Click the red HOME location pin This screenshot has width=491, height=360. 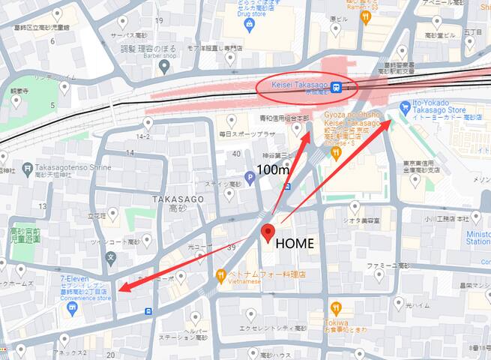tap(268, 233)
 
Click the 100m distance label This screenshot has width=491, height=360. tap(274, 170)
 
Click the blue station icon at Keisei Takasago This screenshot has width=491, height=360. tap(338, 87)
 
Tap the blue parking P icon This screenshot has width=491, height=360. tap(250, 178)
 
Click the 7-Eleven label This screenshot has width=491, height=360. tap(76, 279)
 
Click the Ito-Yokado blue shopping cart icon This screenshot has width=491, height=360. tap(406, 106)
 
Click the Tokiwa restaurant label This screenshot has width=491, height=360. tap(336, 323)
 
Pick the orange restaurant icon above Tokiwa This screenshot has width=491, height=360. tap(336, 307)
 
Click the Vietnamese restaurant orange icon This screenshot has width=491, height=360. tap(221, 275)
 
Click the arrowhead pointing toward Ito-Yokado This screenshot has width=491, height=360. tap(388, 122)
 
